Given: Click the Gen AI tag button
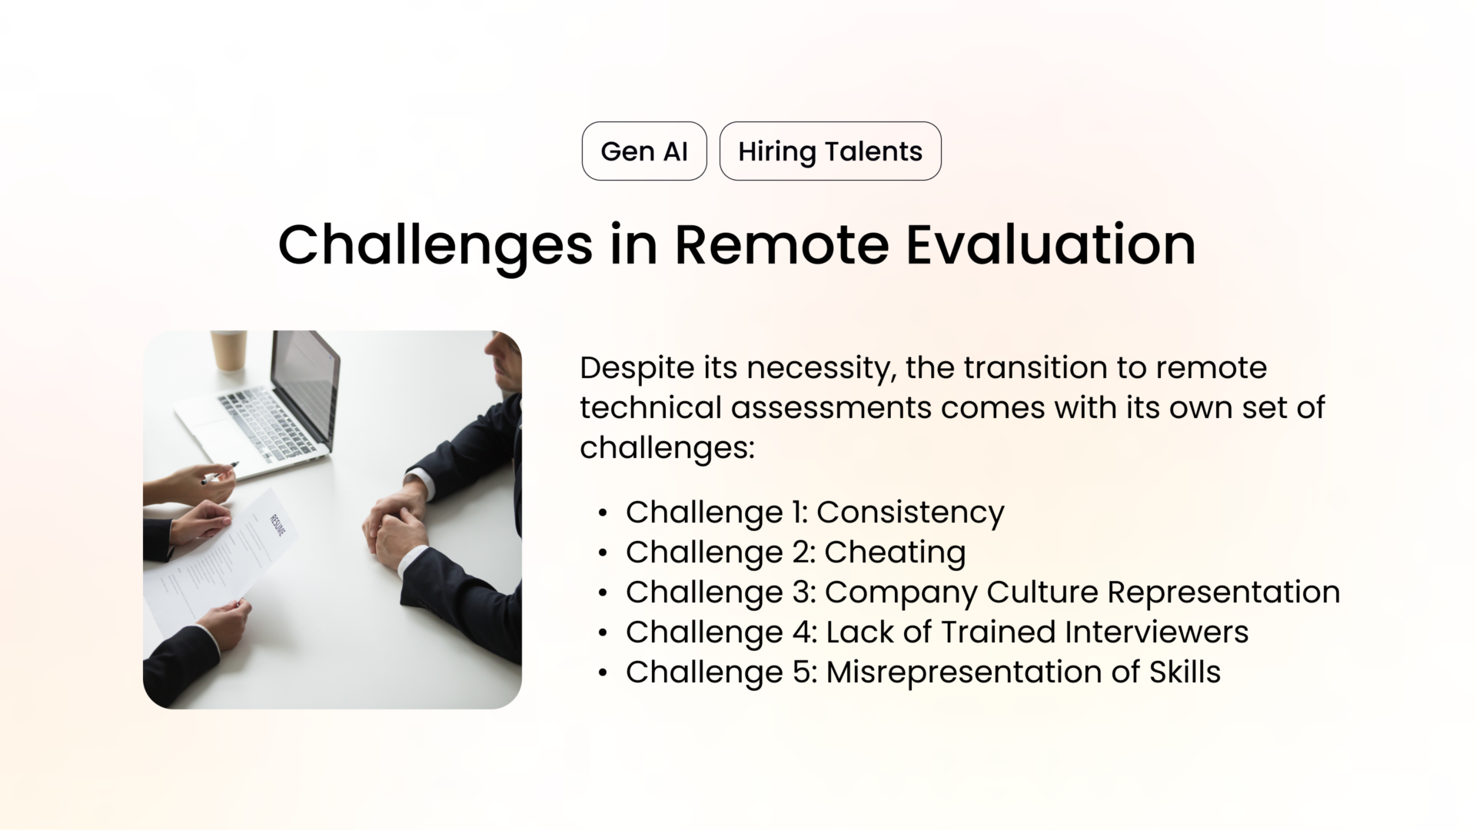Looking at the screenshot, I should pyautogui.click(x=644, y=151).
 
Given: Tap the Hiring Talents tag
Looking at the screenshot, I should pyautogui.click(x=830, y=151).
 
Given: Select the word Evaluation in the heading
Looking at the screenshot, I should pyautogui.click(x=1050, y=245).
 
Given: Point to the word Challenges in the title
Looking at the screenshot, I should pyautogui.click(x=435, y=245).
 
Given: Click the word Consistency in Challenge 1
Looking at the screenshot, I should pyautogui.click(x=910, y=513).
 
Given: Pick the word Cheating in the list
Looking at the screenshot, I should pyautogui.click(x=895, y=553).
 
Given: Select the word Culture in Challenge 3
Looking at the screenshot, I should pyautogui.click(x=1042, y=593).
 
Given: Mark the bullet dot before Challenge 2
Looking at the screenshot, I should pyautogui.click(x=603, y=553).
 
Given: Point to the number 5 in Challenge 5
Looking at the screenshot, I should pyautogui.click(x=799, y=672).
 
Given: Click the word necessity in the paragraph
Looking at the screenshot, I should pyautogui.click(x=821, y=368).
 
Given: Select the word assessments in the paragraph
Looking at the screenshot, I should pyautogui.click(x=831, y=408).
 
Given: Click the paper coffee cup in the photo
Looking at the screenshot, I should pyautogui.click(x=229, y=350).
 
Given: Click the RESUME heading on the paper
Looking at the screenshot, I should pyautogui.click(x=278, y=526).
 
